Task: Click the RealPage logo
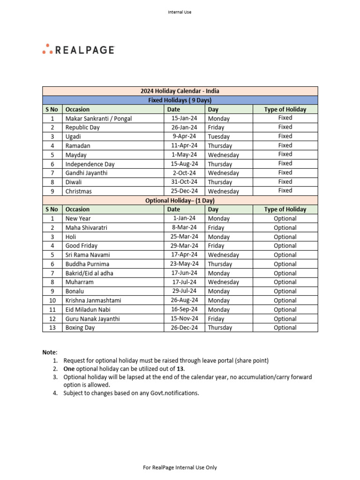tap(78, 49)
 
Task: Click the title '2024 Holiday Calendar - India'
tap(180, 91)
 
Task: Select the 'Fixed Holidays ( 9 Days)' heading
tap(180, 100)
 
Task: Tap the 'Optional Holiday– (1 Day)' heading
tap(180, 201)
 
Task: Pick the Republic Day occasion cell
tap(82, 127)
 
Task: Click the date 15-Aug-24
tap(184, 164)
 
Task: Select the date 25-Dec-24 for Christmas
tap(184, 191)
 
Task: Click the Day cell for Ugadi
tap(219, 136)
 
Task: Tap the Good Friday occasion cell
tap(82, 246)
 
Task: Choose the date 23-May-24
tap(184, 264)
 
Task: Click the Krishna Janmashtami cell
tap(93, 300)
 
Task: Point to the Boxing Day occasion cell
tap(80, 328)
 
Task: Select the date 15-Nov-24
tap(184, 319)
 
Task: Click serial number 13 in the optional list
tap(52, 328)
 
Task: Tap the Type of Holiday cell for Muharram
tap(285, 282)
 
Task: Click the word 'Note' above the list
tap(50, 352)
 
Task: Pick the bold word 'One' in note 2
tap(69, 369)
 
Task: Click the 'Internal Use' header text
tap(180, 12)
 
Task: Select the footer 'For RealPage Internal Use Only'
tap(180, 467)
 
